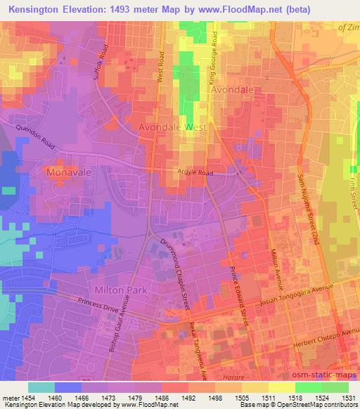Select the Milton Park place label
119,290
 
